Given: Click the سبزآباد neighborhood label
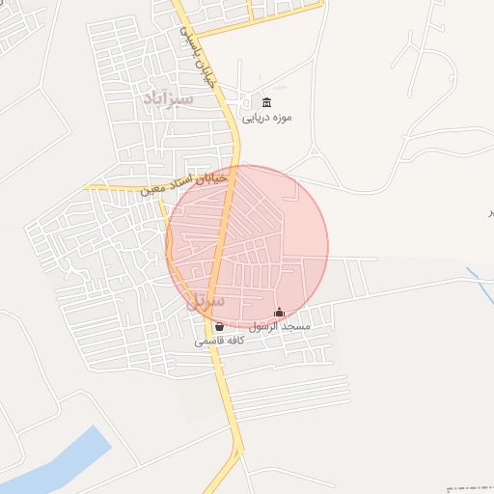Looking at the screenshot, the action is pyautogui.click(x=168, y=98).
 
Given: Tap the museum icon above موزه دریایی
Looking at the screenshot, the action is pyautogui.click(x=267, y=103).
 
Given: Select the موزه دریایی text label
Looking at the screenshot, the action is pyautogui.click(x=266, y=118).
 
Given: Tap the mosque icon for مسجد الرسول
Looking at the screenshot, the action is pyautogui.click(x=280, y=313).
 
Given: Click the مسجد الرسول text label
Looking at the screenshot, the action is pyautogui.click(x=280, y=327).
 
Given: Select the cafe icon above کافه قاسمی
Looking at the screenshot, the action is pyautogui.click(x=219, y=327).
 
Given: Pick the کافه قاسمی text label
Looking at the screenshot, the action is pyautogui.click(x=219, y=342).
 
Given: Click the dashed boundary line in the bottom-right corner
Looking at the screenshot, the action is pyautogui.click(x=473, y=489).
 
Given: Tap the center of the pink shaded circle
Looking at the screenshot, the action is pyautogui.click(x=247, y=247).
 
